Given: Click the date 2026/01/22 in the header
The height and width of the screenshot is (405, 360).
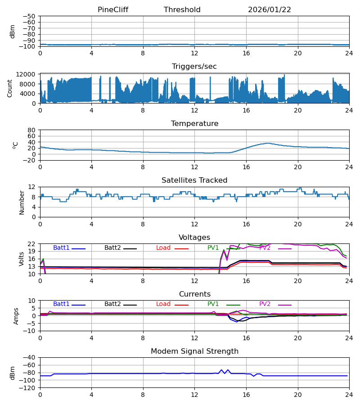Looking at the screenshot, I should point(270,10).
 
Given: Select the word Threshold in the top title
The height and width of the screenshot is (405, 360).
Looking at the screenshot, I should point(182,10).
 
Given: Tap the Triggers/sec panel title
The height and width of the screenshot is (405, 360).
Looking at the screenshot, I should point(194,67).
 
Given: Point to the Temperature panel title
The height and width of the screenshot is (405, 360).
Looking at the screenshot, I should point(194,124).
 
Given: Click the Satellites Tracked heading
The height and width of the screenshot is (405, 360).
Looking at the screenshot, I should point(194,180).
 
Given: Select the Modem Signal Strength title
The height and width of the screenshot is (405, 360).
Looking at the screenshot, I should point(194,351).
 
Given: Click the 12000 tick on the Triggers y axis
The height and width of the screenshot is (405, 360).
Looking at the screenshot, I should point(28,74).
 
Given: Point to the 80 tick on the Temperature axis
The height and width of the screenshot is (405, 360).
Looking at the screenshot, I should point(31,130).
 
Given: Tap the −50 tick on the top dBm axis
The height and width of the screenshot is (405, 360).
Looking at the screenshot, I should point(29,16).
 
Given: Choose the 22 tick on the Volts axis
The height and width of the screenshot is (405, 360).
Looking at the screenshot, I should point(31,244).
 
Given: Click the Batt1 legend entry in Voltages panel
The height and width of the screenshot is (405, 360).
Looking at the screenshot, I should point(62,248).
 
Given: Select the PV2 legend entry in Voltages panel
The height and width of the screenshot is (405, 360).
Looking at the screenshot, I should point(265,248).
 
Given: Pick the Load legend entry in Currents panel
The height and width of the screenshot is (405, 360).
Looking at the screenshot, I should point(163,304).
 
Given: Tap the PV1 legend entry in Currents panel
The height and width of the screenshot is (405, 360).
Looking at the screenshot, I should point(213,304).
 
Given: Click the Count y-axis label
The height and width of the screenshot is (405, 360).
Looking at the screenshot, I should point(10,88).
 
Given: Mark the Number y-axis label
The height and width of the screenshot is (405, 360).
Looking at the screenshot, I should point(22,202).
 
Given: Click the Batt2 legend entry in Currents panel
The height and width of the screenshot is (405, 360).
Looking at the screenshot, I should point(113,304).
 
